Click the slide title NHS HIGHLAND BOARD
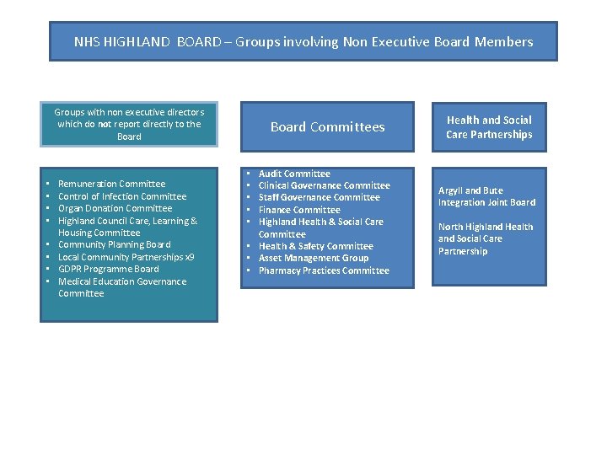(x=303, y=41)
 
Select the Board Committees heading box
(x=327, y=127)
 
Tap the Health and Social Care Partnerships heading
(x=489, y=127)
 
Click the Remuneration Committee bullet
(x=111, y=184)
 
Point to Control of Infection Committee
(x=122, y=196)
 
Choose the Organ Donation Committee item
(x=115, y=208)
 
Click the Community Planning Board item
(x=114, y=244)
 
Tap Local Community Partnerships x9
(x=126, y=257)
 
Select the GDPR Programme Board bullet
(x=108, y=269)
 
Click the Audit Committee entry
(x=294, y=174)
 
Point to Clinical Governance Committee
(x=324, y=185)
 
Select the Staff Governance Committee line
(x=319, y=197)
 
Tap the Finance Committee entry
(x=299, y=210)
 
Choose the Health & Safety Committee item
(x=315, y=246)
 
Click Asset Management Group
(x=313, y=258)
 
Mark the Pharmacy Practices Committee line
(x=324, y=270)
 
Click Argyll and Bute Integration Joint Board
(x=486, y=196)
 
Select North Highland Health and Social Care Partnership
(x=486, y=238)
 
